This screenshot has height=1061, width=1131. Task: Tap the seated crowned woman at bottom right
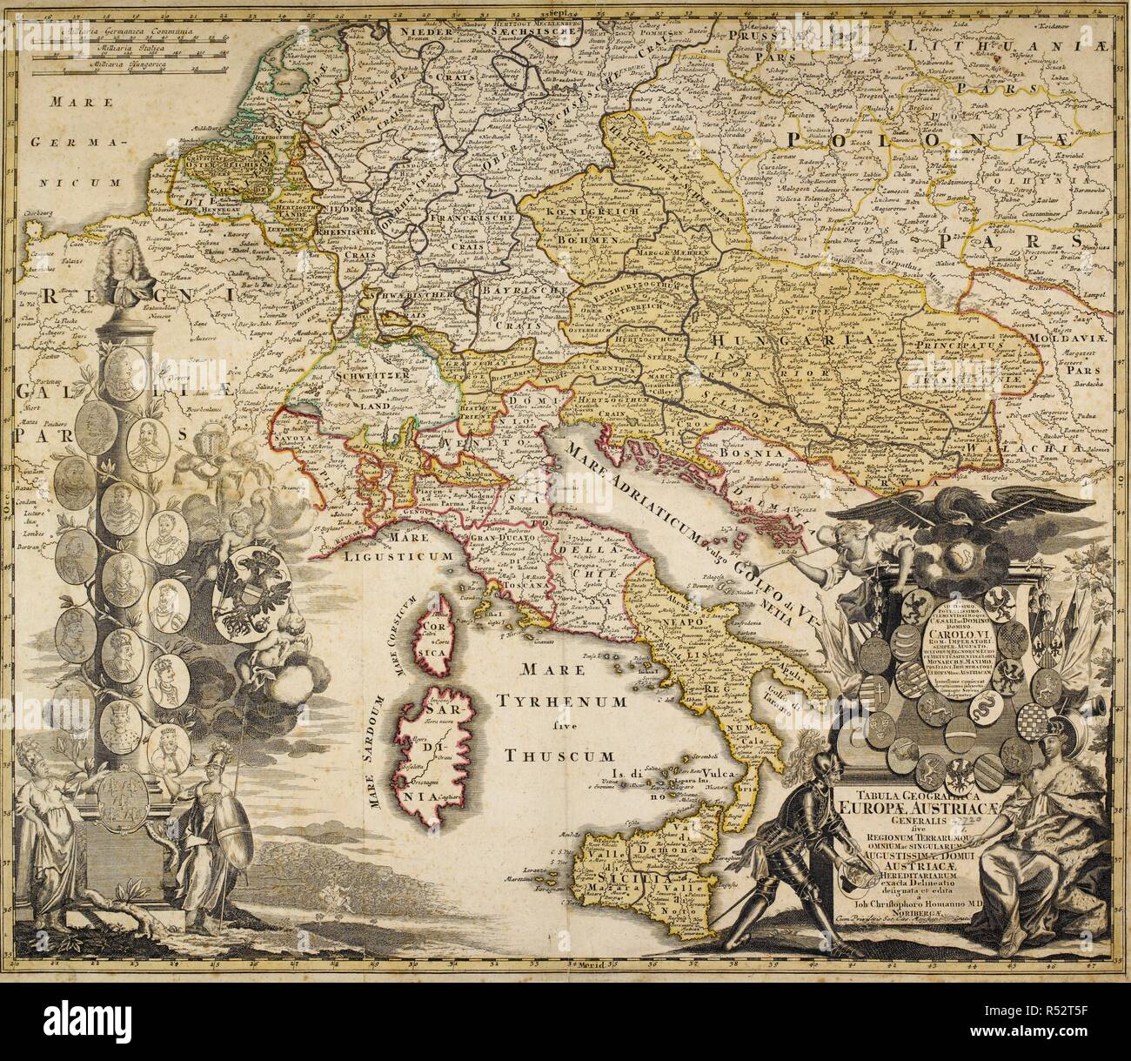[1053, 836]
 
